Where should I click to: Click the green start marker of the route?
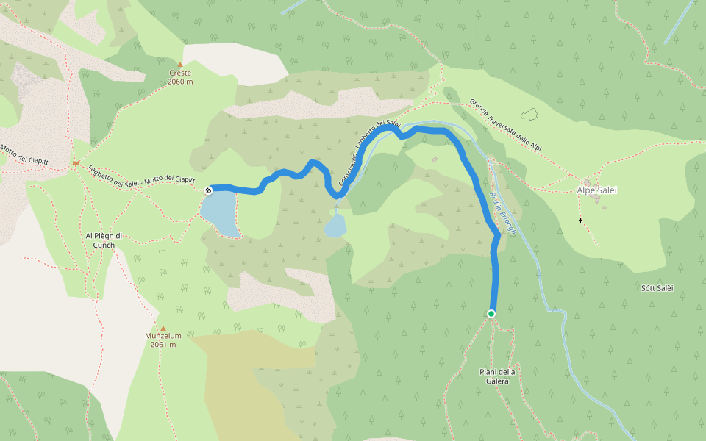tap(491, 314)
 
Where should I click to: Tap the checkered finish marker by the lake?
tap(208, 190)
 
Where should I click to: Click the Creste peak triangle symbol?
tap(179, 65)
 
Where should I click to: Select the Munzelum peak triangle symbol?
tap(163, 329)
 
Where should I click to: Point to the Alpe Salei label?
tap(596, 190)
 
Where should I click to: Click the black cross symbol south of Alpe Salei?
tap(580, 220)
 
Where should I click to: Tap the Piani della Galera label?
tap(497, 376)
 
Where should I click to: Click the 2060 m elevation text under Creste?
tap(180, 82)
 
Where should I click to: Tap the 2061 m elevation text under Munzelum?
tap(163, 344)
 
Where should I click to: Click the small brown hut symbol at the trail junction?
tap(75, 162)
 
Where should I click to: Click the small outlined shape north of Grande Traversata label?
tap(529, 114)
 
